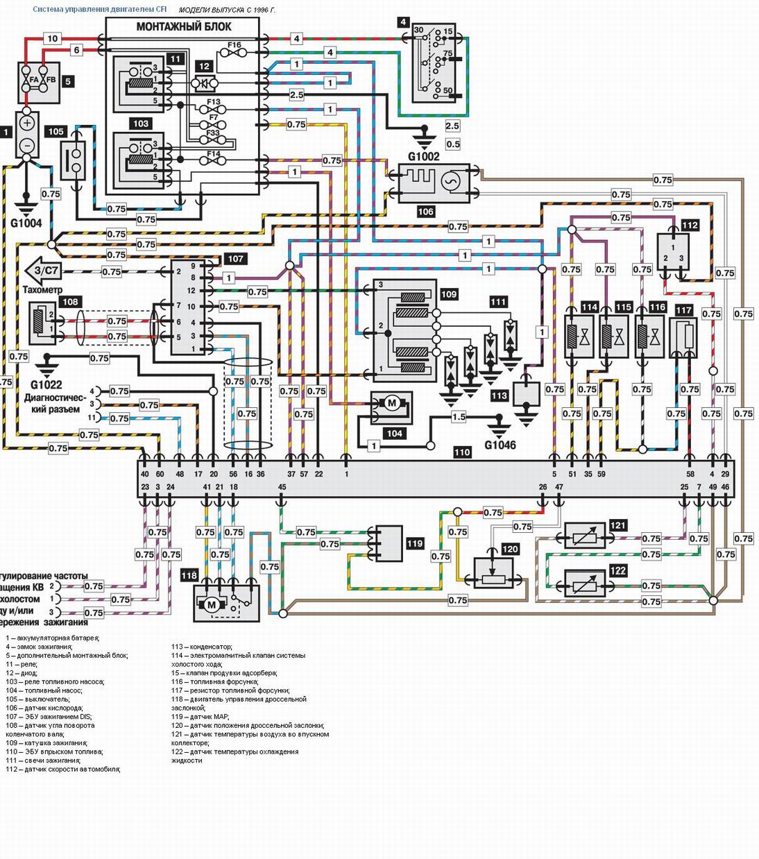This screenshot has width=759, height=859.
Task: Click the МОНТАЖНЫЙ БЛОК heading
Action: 184,27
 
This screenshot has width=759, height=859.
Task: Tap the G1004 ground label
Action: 26,223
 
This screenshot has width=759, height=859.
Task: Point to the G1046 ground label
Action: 500,445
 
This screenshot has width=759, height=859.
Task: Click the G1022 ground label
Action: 46,384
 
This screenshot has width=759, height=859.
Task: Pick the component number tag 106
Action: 425,212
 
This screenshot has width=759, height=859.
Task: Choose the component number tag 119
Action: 415,543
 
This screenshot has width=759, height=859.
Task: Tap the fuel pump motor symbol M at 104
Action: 391,403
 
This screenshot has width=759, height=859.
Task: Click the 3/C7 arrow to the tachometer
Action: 43,271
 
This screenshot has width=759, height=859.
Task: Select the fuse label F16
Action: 234,45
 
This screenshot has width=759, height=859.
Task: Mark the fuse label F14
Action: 214,155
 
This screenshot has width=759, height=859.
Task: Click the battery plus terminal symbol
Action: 26,124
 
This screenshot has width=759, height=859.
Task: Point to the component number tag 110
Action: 462,452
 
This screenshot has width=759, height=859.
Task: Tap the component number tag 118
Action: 189,575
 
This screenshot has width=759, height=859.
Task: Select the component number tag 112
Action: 690,226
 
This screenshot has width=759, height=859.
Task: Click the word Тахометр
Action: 42,289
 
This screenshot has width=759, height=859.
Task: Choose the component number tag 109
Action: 449,294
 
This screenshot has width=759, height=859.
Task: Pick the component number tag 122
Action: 617,571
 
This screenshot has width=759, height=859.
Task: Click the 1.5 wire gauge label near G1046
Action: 459,417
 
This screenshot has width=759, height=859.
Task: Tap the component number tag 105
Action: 56,131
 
